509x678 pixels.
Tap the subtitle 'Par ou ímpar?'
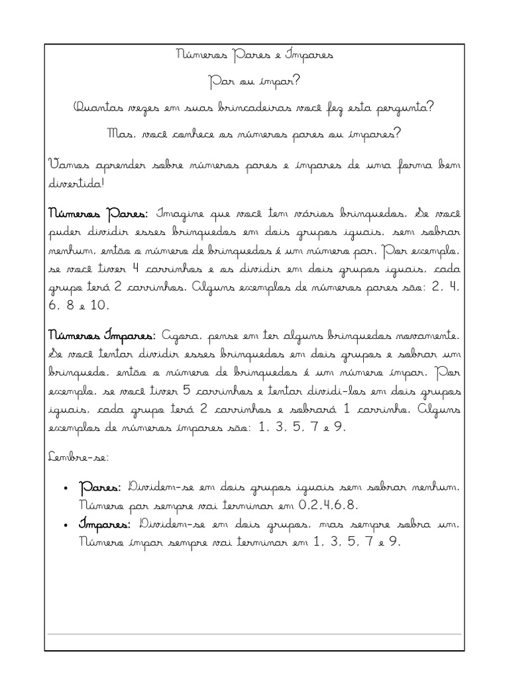(254, 82)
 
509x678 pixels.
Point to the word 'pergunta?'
(404, 109)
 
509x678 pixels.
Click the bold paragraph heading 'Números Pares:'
(99, 215)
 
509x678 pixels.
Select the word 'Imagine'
(180, 215)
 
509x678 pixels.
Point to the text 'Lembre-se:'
(73, 457)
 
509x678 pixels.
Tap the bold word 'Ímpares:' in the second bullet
(105, 524)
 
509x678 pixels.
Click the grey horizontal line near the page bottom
(254, 634)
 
